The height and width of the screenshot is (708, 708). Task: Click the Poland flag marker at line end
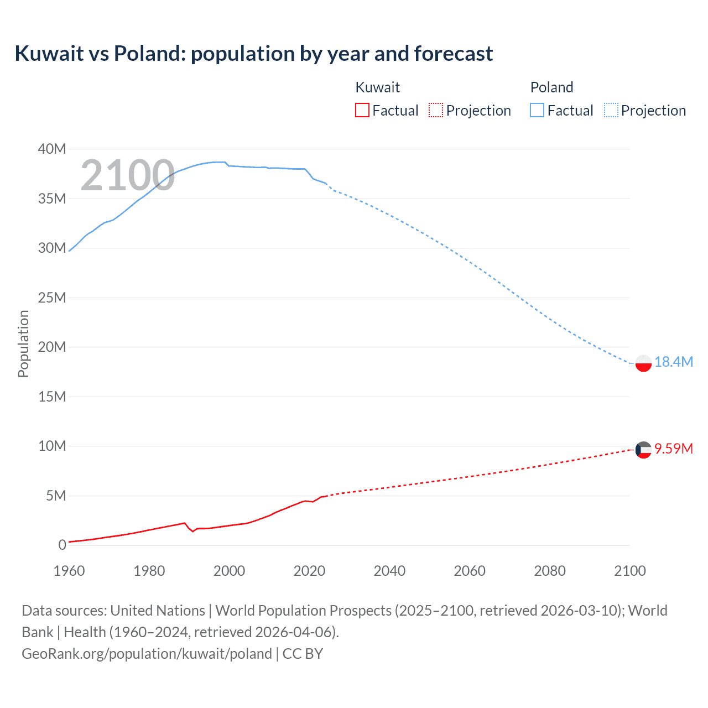coord(643,363)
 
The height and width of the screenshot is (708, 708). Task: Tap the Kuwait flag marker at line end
coord(643,450)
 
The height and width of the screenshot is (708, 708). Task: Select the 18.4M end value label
coord(673,362)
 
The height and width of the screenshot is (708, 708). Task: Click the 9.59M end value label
coord(673,449)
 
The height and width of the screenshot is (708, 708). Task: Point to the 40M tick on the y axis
coord(52,149)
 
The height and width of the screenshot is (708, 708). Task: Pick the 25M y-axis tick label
coord(52,298)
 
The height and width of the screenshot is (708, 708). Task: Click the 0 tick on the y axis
coord(62,545)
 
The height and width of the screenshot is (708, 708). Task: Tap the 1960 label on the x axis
coord(69,571)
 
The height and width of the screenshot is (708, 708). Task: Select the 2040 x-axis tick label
coord(389,571)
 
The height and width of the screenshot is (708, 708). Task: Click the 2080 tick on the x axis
coord(550,571)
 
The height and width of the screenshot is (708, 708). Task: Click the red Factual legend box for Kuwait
coord(362,110)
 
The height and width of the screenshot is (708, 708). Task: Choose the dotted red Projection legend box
coord(436,110)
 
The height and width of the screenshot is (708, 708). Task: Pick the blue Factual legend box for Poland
coord(537,110)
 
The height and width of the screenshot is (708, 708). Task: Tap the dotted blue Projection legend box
coord(611,110)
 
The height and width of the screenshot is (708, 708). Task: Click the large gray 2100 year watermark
coord(128,175)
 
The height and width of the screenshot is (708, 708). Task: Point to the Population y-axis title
coord(23,343)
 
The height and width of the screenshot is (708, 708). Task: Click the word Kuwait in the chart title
coord(49,54)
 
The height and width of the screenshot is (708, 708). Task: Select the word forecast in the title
coord(453,54)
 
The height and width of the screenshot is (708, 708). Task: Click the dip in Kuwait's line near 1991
coord(193,531)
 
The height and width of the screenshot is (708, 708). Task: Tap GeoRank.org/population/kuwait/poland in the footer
coord(147,653)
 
